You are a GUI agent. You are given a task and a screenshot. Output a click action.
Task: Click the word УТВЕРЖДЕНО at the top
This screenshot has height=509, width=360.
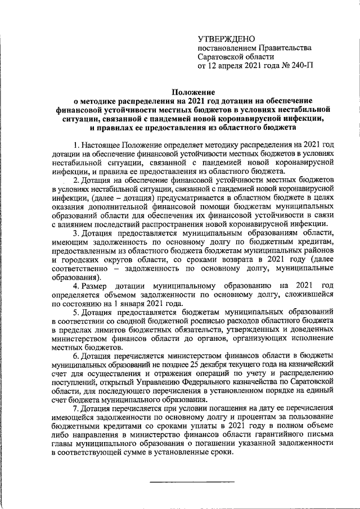pos(227,38)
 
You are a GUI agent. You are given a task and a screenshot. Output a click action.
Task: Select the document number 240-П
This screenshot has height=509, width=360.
pos(301,66)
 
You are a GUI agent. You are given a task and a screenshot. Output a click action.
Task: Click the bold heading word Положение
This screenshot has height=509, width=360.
pos(193,92)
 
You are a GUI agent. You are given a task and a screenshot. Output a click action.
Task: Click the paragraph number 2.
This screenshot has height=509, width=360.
pos(76,180)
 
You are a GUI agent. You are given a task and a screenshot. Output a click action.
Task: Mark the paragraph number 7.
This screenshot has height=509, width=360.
pos(76,409)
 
